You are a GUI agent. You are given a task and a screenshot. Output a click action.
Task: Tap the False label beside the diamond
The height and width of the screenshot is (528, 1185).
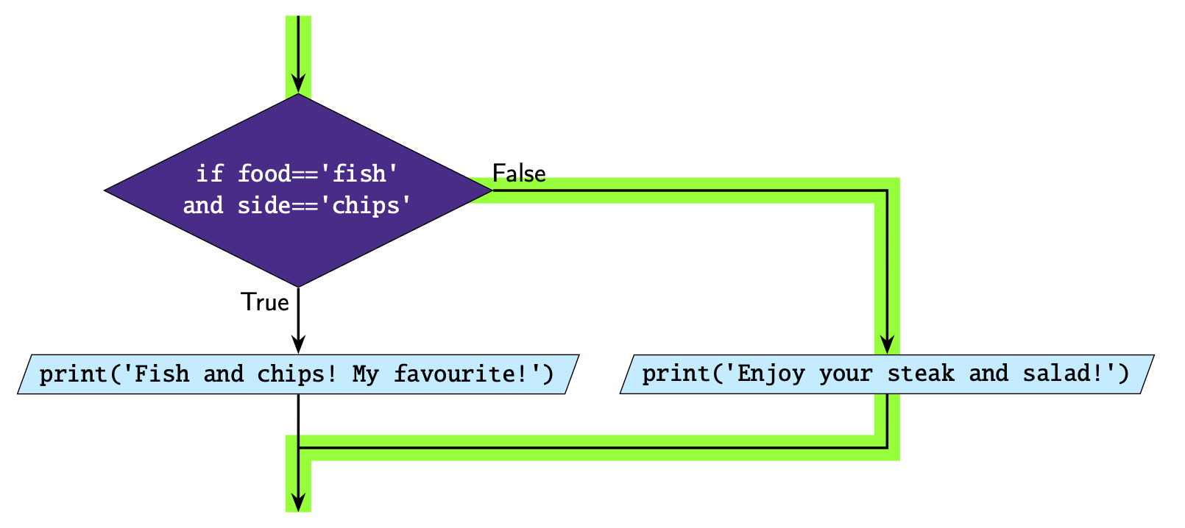click(x=519, y=174)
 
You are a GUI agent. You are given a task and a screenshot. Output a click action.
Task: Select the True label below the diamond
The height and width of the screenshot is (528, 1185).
click(x=265, y=302)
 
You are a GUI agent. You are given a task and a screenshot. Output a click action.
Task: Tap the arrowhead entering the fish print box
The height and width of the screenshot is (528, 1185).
click(x=298, y=344)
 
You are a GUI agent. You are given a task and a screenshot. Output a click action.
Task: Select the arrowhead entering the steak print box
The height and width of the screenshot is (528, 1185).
click(x=888, y=344)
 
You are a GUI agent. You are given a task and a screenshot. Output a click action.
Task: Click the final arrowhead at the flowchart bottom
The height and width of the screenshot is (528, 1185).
click(x=298, y=502)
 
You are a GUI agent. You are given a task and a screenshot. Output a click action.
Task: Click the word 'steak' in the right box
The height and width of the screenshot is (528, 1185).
click(x=921, y=374)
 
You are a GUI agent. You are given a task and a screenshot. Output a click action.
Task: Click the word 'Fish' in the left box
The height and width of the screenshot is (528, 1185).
click(x=162, y=374)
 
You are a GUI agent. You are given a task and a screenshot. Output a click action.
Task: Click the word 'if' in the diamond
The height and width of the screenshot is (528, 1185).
click(x=210, y=174)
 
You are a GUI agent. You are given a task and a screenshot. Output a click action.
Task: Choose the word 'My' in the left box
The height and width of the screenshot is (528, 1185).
click(x=366, y=374)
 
